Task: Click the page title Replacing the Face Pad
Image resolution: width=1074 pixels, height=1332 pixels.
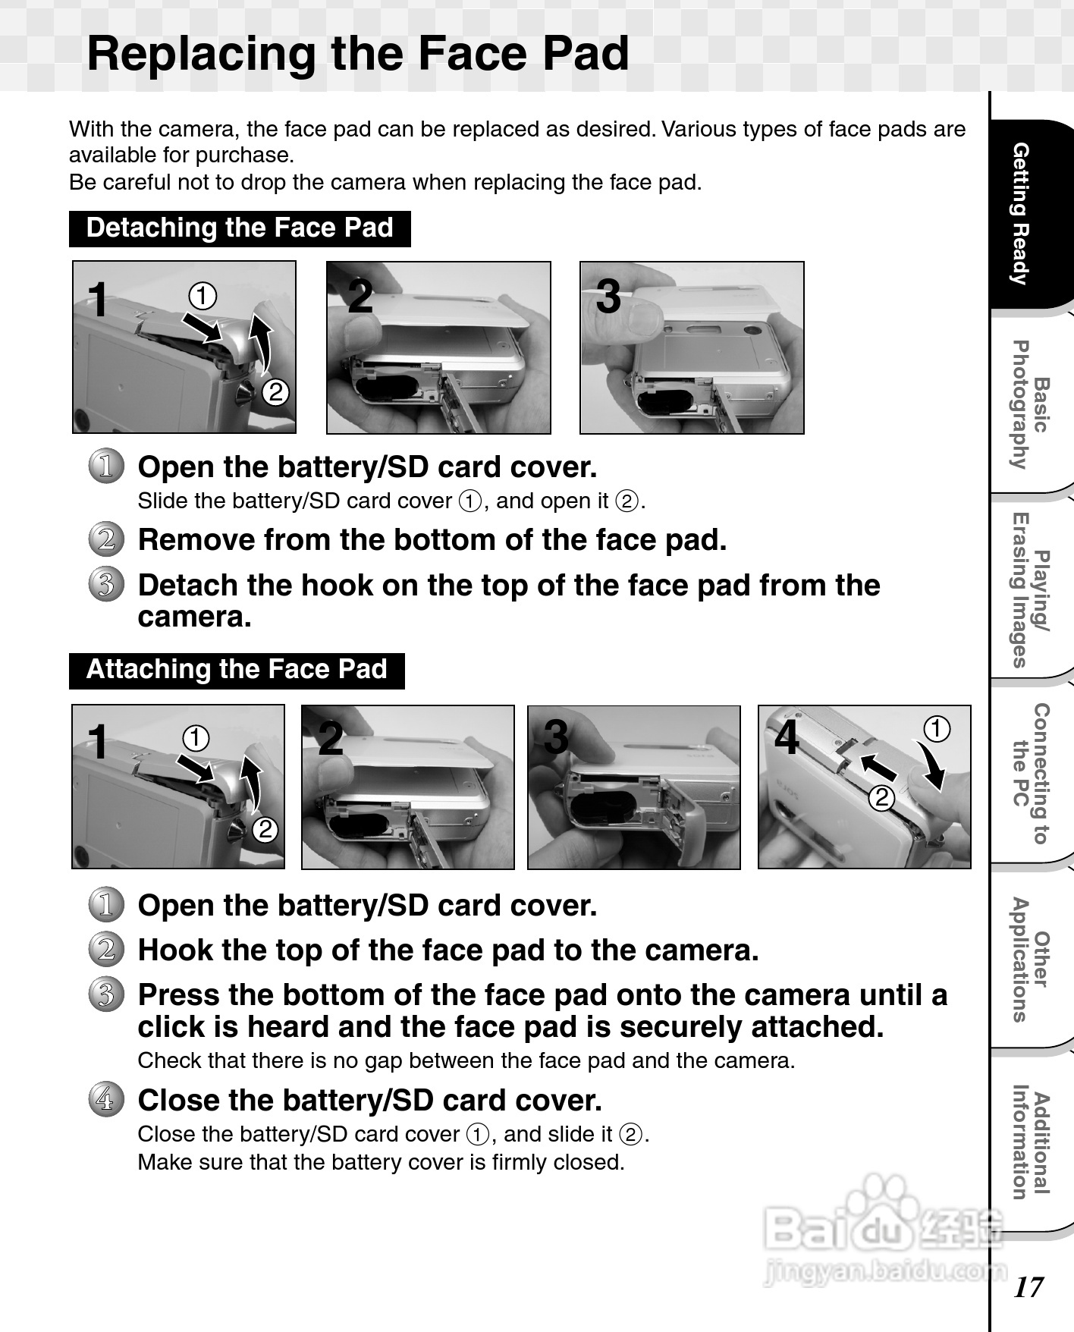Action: coord(358,53)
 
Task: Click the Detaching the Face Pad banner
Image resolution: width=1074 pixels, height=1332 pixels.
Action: coord(240,228)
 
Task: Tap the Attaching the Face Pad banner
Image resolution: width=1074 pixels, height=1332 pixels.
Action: coord(237,670)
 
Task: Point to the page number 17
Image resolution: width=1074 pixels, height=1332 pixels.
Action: coord(1028,1286)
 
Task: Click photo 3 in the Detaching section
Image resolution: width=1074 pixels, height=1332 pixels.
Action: coord(692,347)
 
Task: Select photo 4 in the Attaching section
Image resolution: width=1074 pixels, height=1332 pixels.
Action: coord(865,787)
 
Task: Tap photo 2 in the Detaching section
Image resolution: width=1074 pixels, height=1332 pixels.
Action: coord(438,347)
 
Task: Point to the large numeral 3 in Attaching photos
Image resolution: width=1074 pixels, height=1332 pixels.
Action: coord(556,737)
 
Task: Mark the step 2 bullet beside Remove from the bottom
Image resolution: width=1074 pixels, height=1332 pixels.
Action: coord(106,539)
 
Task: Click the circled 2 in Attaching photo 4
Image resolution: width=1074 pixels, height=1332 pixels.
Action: coord(881,797)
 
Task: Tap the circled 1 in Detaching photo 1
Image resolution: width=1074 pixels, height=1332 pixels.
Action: coord(203,296)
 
